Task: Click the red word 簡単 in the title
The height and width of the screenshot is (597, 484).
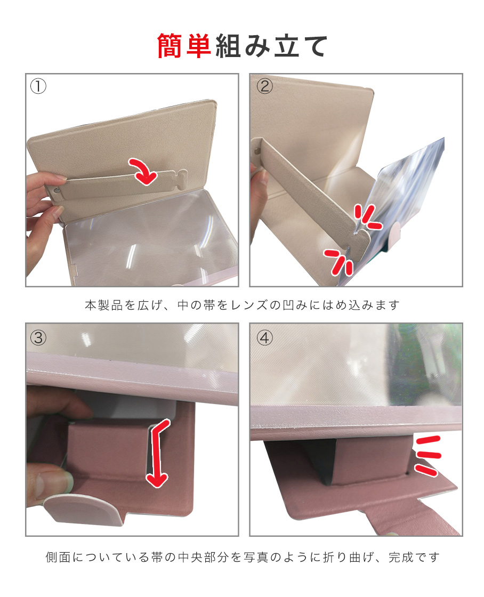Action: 184,46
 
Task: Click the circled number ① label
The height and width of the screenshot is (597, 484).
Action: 38,86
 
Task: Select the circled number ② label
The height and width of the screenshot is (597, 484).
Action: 265,86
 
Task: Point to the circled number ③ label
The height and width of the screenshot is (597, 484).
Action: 38,338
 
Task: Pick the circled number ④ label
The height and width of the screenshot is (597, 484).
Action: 265,338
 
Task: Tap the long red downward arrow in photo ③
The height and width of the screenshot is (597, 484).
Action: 157,453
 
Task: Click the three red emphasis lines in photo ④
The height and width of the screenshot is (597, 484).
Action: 428,456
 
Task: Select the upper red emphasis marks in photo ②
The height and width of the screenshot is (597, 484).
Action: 367,217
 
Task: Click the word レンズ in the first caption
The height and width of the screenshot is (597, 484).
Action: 249,305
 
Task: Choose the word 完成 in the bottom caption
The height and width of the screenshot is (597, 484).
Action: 401,558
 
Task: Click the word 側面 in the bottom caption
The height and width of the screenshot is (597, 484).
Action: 58,558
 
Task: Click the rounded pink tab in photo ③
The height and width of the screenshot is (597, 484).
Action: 84,509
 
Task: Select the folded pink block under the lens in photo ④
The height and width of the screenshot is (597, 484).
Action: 366,462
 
